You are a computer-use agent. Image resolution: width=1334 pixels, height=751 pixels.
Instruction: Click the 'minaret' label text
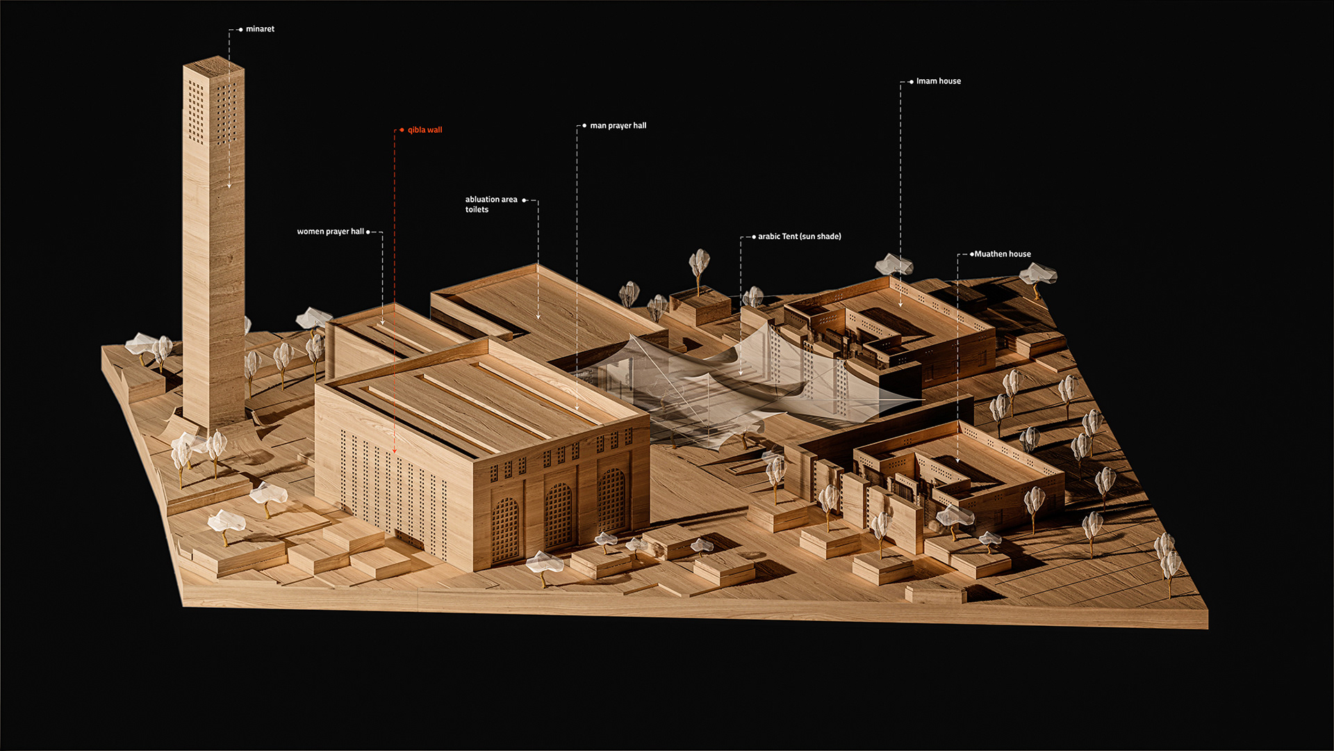click(x=260, y=29)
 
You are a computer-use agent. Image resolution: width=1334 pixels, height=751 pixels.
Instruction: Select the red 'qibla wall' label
click(x=425, y=130)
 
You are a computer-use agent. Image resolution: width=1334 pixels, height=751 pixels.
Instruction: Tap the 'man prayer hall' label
click(x=618, y=126)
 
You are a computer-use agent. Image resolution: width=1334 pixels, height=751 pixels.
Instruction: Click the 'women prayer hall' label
click(x=330, y=232)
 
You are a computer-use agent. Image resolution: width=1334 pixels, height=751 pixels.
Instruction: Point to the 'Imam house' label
click(x=938, y=81)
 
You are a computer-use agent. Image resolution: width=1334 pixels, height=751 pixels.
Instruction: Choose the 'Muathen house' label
click(x=1003, y=255)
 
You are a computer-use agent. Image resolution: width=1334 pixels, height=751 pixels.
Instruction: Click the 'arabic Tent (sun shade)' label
click(x=799, y=236)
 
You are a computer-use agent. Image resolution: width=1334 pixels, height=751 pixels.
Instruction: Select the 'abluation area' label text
click(x=491, y=200)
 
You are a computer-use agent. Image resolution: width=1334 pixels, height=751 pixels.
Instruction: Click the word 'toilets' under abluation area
click(x=477, y=210)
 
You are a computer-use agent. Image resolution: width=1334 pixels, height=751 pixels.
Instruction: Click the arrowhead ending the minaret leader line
click(x=229, y=186)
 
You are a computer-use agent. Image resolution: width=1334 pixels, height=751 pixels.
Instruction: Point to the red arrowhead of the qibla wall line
click(x=395, y=451)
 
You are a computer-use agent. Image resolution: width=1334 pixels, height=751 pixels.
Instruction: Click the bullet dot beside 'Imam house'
click(x=912, y=82)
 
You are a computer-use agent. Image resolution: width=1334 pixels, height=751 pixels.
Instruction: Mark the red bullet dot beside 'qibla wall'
click(x=402, y=130)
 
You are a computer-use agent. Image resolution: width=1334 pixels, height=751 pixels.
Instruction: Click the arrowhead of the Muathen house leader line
click(x=957, y=460)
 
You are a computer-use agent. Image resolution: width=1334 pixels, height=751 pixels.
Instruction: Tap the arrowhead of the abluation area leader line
click(x=538, y=317)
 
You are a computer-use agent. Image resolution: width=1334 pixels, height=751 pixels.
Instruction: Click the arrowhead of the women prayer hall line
click(x=382, y=323)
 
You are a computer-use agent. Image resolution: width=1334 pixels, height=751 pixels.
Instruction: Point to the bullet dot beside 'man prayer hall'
click(x=584, y=126)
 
